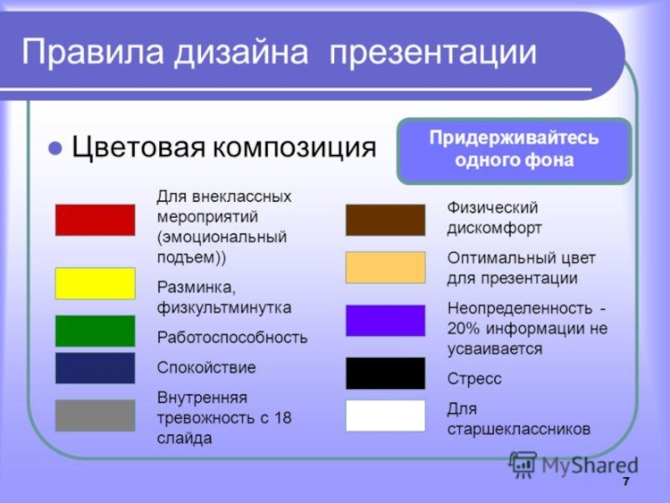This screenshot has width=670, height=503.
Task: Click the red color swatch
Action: [95, 220]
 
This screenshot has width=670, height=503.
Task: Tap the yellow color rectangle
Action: [95, 283]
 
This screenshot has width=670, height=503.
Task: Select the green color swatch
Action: [95, 331]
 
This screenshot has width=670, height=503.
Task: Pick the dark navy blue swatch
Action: [95, 368]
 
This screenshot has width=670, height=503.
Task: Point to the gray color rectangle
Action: [95, 415]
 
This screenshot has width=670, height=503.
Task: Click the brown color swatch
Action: [385, 220]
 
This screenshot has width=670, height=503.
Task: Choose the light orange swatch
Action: [385, 267]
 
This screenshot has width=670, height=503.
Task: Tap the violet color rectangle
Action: [385, 320]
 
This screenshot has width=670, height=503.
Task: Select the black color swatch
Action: [385, 373]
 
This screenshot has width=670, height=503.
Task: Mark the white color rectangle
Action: [385, 415]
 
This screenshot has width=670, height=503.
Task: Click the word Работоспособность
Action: [232, 338]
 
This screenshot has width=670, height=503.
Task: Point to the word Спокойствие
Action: [206, 367]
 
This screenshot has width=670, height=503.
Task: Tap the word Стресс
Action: [474, 379]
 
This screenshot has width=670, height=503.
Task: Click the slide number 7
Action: [626, 481]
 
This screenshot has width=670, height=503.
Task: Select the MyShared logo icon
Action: [523, 464]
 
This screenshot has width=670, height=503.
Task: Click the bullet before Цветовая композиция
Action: [55, 148]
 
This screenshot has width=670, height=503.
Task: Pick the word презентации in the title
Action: [433, 53]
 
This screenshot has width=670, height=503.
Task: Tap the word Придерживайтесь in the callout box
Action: [514, 138]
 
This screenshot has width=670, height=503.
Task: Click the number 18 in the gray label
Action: [282, 417]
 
